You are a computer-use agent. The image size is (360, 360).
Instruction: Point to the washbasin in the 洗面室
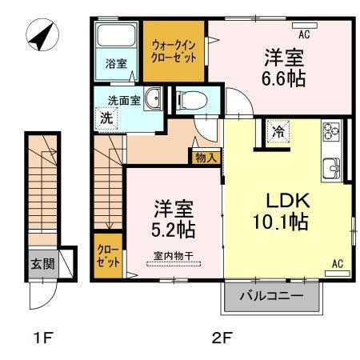[x=156, y=99]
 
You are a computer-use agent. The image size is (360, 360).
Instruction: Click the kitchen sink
[x=331, y=168]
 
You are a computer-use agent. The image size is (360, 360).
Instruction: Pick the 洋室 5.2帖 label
[x=172, y=217]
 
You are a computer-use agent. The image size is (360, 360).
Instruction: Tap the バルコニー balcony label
[x=273, y=297]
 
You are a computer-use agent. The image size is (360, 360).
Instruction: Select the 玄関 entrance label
[x=42, y=263]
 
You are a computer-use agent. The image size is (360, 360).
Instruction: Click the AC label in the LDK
[x=337, y=263]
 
